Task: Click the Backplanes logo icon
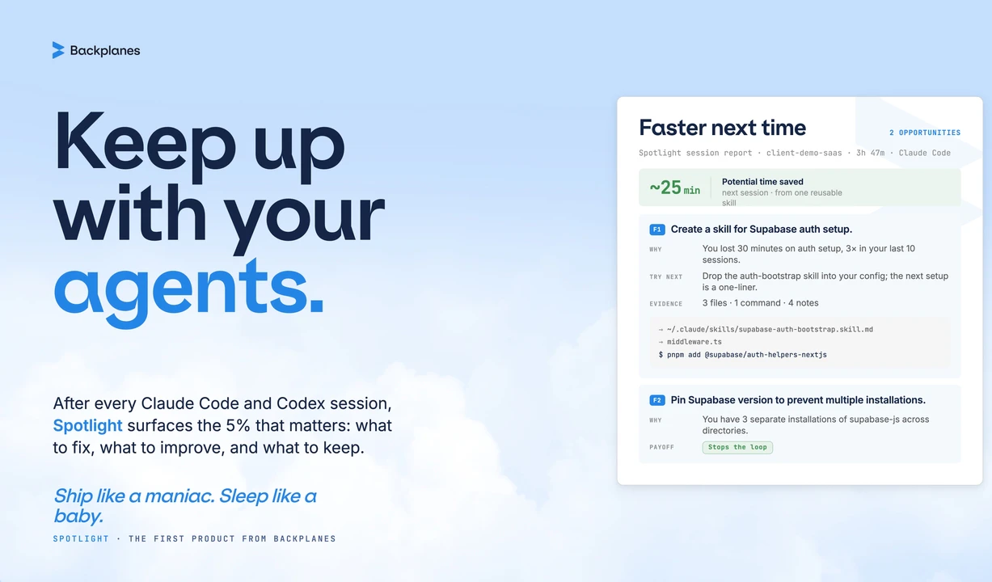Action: tap(58, 50)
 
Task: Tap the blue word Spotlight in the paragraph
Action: tap(87, 425)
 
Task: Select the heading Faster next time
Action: tap(722, 128)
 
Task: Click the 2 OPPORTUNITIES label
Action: tap(925, 133)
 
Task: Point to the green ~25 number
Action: tap(665, 188)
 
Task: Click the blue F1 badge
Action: tap(656, 230)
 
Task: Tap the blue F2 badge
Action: tap(656, 400)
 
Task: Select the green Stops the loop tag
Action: tap(737, 447)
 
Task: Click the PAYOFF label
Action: tap(661, 447)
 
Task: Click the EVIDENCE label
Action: tap(665, 304)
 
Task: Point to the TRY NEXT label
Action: tap(665, 276)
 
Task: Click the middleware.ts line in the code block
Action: tap(690, 342)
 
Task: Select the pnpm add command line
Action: tap(742, 355)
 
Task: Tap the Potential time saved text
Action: tap(762, 182)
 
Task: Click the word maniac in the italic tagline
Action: tap(179, 496)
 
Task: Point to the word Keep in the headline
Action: tap(145, 141)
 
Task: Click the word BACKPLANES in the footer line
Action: tap(305, 538)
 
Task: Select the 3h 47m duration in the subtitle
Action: tap(870, 153)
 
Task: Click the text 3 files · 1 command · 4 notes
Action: tap(761, 303)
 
